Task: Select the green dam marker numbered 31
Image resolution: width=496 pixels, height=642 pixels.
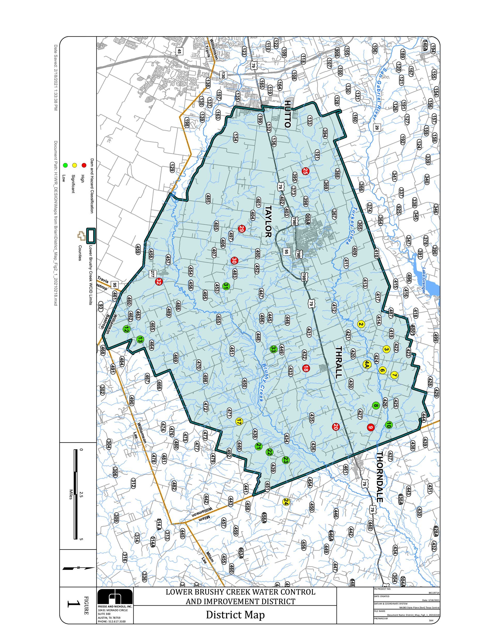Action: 226,286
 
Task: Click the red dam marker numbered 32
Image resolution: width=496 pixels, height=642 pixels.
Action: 159,282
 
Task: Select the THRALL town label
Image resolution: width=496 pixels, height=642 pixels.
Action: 339,362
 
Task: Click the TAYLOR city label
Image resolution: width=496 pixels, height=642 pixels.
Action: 268,221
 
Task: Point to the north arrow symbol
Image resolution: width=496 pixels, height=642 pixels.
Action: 79,568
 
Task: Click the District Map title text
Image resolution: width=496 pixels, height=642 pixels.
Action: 235,614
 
